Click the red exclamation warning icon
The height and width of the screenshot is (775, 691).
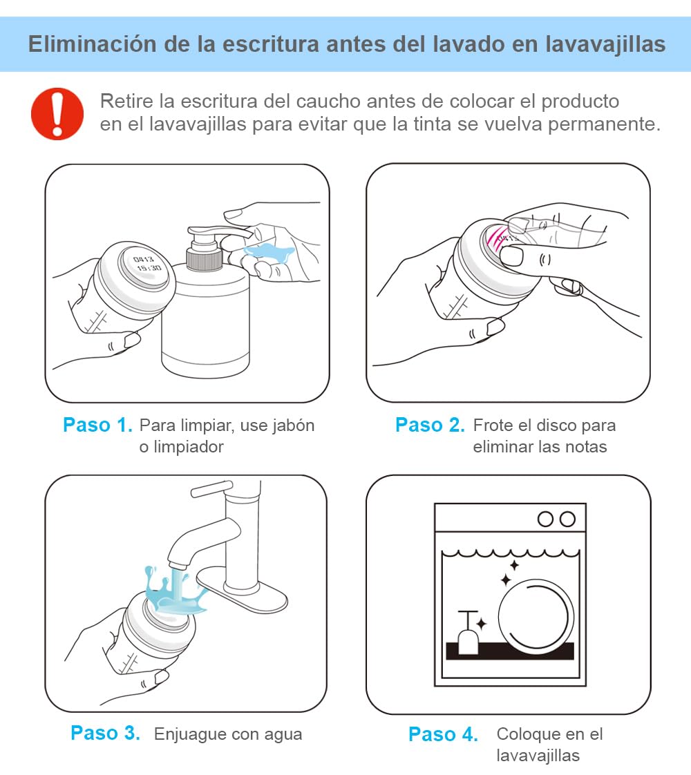click(57, 114)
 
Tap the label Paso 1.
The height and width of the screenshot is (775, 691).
click(98, 425)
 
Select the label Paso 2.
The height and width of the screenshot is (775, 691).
click(430, 425)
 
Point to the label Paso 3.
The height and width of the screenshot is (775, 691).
click(105, 733)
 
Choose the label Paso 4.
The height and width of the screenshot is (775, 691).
click(443, 734)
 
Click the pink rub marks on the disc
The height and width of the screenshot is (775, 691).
click(497, 236)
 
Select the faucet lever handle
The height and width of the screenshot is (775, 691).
click(211, 489)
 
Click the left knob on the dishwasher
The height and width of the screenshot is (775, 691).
click(545, 519)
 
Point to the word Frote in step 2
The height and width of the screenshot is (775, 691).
click(492, 425)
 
